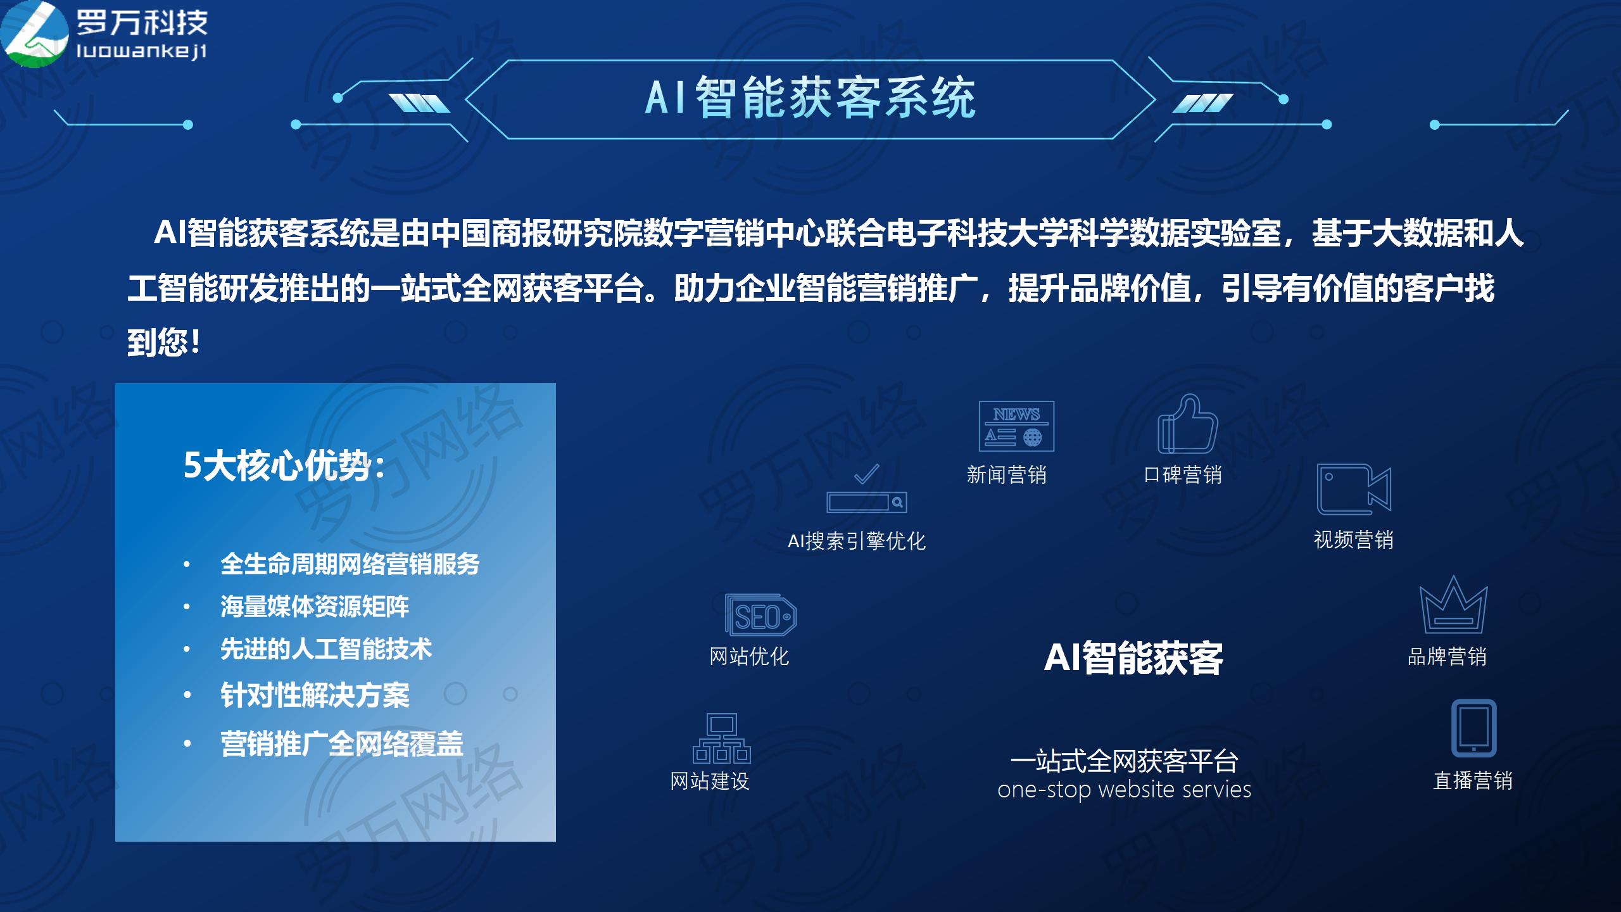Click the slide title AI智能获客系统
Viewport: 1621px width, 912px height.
click(x=810, y=98)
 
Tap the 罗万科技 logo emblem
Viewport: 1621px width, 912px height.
click(x=35, y=33)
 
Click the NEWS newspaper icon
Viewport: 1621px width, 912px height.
click(x=1016, y=426)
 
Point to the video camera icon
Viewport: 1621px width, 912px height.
click(x=1354, y=490)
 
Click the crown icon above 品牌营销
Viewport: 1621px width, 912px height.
click(x=1453, y=605)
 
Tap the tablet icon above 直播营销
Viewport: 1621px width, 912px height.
click(x=1473, y=728)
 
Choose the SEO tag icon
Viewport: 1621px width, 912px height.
click(x=760, y=615)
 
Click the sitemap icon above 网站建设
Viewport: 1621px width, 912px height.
click(x=721, y=738)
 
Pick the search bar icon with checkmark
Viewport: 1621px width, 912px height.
click(x=867, y=489)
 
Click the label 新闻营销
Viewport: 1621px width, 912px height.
click(x=1006, y=475)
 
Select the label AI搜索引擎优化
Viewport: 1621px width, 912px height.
click(x=857, y=541)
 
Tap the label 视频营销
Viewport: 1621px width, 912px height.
click(x=1354, y=540)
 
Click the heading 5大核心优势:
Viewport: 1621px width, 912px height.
click(x=284, y=466)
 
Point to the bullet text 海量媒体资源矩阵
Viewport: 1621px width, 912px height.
click(x=315, y=607)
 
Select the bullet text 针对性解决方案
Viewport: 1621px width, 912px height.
click(x=315, y=695)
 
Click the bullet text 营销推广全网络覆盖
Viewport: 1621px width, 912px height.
click(x=342, y=744)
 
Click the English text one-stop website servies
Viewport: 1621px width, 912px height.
click(x=1124, y=790)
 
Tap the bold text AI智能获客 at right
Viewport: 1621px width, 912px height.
click(x=1133, y=658)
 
